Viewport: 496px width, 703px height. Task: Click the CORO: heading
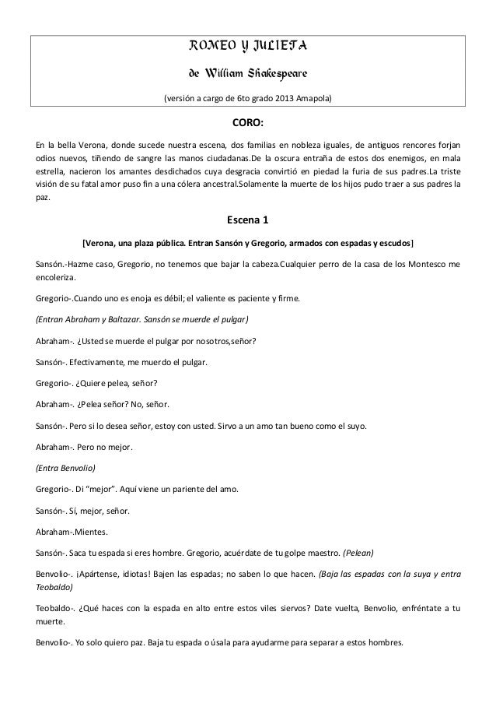[x=248, y=125]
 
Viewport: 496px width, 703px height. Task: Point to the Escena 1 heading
[x=248, y=218]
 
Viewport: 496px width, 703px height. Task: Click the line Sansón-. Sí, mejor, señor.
[x=79, y=511]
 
